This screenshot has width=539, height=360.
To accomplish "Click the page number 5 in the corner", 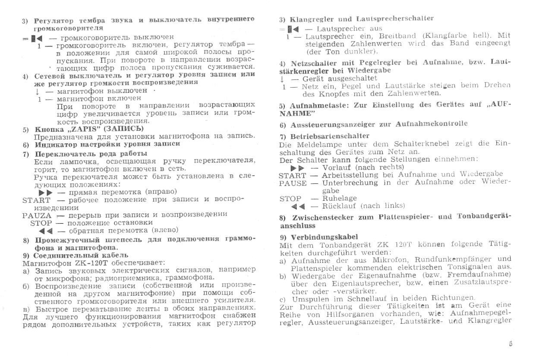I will pyautogui.click(x=511, y=344).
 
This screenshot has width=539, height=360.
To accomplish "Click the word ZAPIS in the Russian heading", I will pyautogui.click(x=85, y=129).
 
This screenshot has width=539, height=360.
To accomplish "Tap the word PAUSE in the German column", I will pyautogui.click(x=293, y=183).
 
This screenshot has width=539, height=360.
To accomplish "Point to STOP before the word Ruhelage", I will pyautogui.click(x=290, y=198).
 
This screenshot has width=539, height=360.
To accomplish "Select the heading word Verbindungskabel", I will pyautogui.click(x=324, y=237).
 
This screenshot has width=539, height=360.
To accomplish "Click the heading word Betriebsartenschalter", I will pyautogui.click(x=330, y=136).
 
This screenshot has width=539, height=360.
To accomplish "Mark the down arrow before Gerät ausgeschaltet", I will pyautogui.click(x=282, y=79).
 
